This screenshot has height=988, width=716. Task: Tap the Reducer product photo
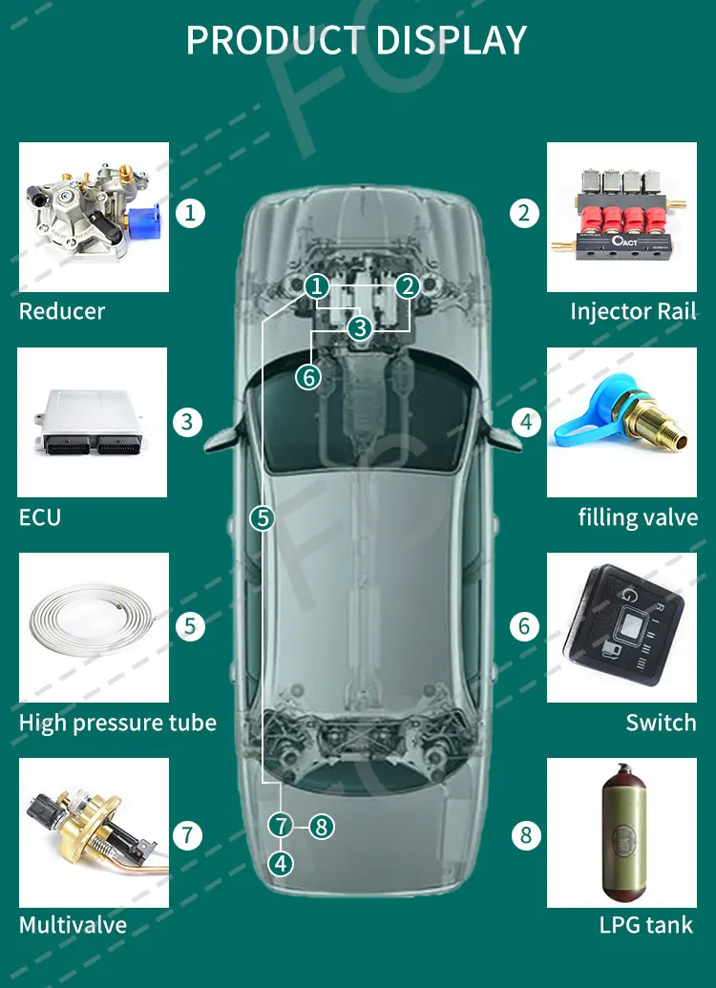tap(94, 217)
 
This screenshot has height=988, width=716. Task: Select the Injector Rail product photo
tap(621, 217)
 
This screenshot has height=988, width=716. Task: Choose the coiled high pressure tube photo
tap(94, 627)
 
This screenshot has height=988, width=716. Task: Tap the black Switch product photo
tap(621, 627)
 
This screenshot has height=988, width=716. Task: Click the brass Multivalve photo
tap(94, 832)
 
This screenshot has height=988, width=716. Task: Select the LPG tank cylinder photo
tap(621, 832)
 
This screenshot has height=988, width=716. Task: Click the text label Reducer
tap(62, 311)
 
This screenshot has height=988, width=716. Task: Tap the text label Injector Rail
tap(633, 311)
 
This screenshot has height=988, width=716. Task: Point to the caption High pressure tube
tap(117, 723)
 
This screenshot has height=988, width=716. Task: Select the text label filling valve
tap(638, 517)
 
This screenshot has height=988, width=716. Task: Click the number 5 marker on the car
tap(263, 518)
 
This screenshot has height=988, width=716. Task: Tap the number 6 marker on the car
tap(307, 377)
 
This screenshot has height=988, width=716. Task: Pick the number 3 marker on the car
tap(359, 328)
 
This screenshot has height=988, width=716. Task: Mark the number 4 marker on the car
tap(280, 863)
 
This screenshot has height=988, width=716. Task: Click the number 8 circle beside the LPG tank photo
tap(525, 836)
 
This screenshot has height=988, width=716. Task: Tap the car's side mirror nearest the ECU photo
tap(221, 440)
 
